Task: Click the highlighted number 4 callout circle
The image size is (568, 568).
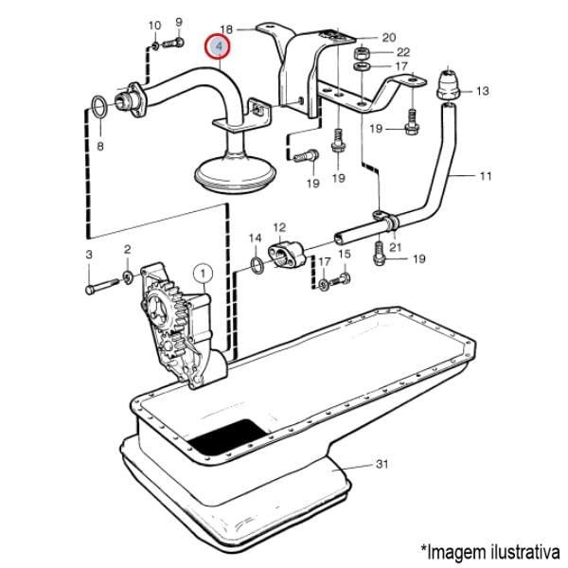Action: coord(219,45)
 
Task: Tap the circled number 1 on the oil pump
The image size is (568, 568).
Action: coord(202,275)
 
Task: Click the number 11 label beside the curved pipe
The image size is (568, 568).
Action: coord(486,176)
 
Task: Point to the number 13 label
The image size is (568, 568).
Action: coord(482,92)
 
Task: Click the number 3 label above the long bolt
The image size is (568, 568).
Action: coord(89,255)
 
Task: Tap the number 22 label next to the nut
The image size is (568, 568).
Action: coord(402,52)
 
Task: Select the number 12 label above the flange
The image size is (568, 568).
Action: coord(279,228)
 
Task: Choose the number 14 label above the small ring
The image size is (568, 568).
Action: coord(255,237)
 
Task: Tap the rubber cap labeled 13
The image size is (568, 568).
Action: coord(448,84)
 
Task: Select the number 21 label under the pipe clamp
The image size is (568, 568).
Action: coord(396,248)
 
